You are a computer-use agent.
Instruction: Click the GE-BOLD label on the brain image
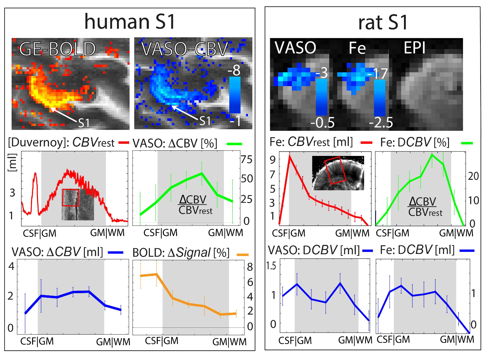[58, 49]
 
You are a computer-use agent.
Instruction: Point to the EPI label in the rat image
[415, 48]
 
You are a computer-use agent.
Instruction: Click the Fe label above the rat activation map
[357, 49]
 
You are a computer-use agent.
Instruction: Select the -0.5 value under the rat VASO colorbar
[322, 123]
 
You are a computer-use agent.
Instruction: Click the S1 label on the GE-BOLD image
[83, 123]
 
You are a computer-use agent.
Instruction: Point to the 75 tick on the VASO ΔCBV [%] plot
[247, 160]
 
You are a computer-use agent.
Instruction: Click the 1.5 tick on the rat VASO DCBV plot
[272, 266]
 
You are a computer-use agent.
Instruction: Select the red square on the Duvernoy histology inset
[70, 197]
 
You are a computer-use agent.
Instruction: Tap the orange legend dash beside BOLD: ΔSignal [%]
[243, 254]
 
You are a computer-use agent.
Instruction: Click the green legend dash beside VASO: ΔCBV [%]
[234, 143]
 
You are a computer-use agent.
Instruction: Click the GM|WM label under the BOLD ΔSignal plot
[229, 342]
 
